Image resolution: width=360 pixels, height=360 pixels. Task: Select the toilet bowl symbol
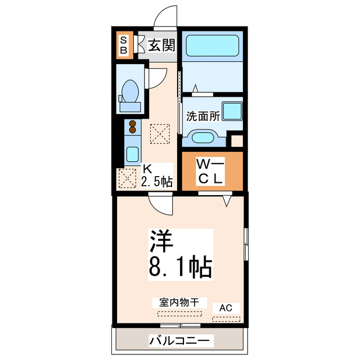[130, 90]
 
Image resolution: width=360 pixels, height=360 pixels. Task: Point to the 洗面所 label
[203, 118]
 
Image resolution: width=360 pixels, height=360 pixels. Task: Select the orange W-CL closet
[212, 171]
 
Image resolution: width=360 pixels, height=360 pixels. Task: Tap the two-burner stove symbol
[133, 127]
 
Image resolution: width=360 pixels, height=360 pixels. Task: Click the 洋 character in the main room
[160, 241]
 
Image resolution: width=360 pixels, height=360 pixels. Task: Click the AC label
[226, 308]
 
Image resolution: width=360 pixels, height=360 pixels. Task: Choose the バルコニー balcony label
[181, 340]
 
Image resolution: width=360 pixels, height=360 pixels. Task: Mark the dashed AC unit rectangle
[226, 319]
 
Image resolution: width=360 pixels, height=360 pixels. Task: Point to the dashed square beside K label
[127, 179]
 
